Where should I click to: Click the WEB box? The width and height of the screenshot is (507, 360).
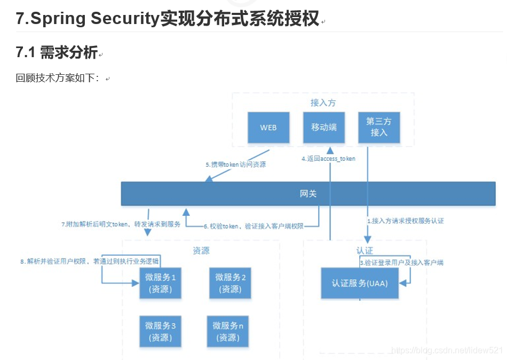point(268,128)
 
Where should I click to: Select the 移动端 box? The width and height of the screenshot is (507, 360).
point(323,128)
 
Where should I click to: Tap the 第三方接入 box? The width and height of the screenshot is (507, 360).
point(379,128)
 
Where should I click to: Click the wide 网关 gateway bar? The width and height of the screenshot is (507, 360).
point(308,193)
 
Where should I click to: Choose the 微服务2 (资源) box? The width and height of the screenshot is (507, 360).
point(231,283)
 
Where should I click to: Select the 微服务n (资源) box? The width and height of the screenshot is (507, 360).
point(228,331)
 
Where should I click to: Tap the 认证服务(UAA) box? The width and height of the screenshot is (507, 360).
point(360,283)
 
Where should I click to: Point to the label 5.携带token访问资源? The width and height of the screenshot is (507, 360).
point(235,165)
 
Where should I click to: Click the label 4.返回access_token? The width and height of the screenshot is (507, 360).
point(328,159)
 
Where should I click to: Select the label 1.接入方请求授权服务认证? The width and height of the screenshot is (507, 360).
point(405,220)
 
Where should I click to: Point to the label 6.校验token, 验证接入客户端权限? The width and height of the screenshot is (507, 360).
point(254,226)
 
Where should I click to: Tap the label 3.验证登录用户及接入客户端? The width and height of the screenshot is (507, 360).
point(401,262)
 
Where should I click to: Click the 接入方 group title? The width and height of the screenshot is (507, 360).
point(323,103)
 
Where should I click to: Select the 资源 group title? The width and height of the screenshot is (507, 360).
point(201,250)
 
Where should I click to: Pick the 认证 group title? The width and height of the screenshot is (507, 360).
point(365,250)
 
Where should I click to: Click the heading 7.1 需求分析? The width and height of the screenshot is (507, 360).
point(57,52)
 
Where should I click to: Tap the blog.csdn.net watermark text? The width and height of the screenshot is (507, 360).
point(447,350)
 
